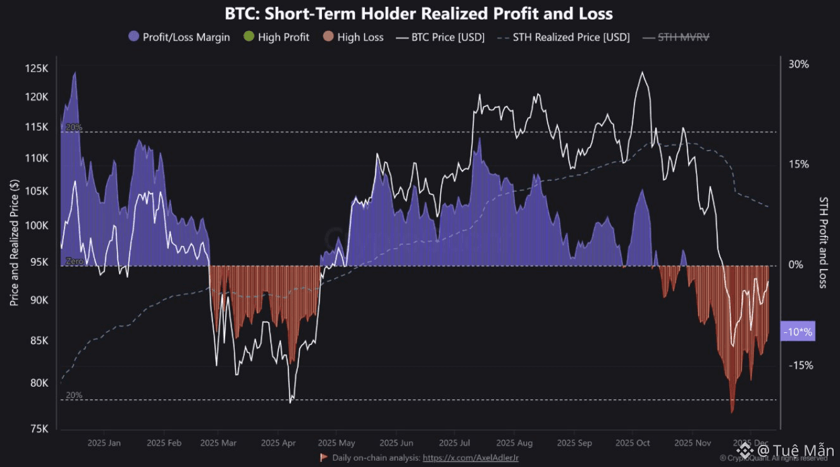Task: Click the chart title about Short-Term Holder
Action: pyautogui.click(x=419, y=13)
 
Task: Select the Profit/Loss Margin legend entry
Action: pyautogui.click(x=180, y=37)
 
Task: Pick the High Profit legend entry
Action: pyautogui.click(x=276, y=37)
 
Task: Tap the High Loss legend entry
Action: pyautogui.click(x=352, y=37)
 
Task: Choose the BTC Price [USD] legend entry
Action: pyautogui.click(x=440, y=37)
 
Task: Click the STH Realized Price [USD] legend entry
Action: pyautogui.click(x=564, y=37)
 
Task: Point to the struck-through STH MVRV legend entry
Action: pyautogui.click(x=676, y=37)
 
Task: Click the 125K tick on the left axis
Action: pyautogui.click(x=37, y=68)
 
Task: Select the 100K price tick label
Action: pyautogui.click(x=37, y=226)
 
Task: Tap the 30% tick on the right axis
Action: pyautogui.click(x=798, y=64)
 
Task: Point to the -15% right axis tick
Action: pyautogui.click(x=800, y=365)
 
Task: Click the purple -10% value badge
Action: pyautogui.click(x=798, y=332)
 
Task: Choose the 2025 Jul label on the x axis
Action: pyautogui.click(x=454, y=443)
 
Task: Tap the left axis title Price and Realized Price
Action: pyautogui.click(x=15, y=242)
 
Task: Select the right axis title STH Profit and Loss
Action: pyautogui.click(x=823, y=242)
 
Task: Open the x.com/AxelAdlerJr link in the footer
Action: pyautogui.click(x=471, y=457)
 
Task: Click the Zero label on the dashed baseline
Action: pyautogui.click(x=75, y=261)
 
